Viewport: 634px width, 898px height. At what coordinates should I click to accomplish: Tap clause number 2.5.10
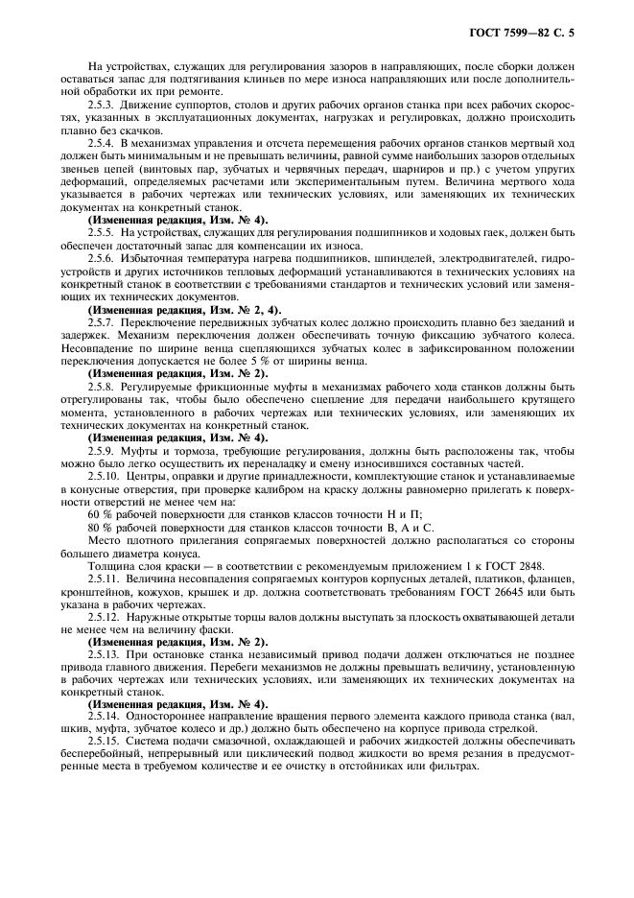[x=106, y=475]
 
